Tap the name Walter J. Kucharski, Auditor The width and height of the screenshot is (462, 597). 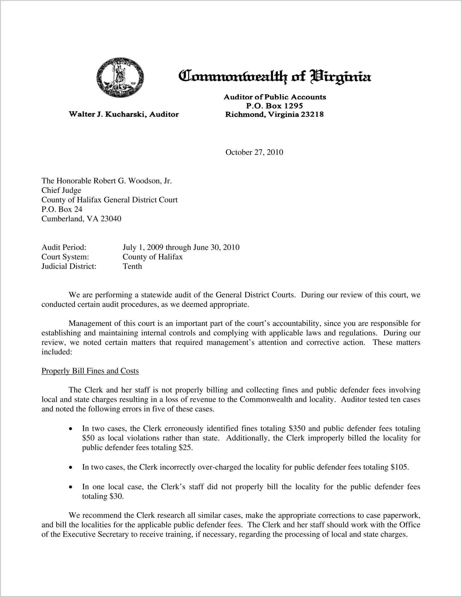pos(124,114)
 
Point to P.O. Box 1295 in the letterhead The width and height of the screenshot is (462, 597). pos(274,106)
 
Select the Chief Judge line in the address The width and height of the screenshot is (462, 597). pos(61,190)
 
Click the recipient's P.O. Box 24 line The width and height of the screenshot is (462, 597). pos(62,209)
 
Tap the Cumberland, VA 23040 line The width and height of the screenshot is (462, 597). pos(81,219)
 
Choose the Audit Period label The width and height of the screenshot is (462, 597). pos(64,247)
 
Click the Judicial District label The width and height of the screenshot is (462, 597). pos(69,266)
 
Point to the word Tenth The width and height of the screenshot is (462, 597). pos(132,266)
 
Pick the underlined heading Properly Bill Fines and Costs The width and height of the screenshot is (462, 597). pos(90,371)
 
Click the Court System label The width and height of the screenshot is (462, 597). pos(65,257)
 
